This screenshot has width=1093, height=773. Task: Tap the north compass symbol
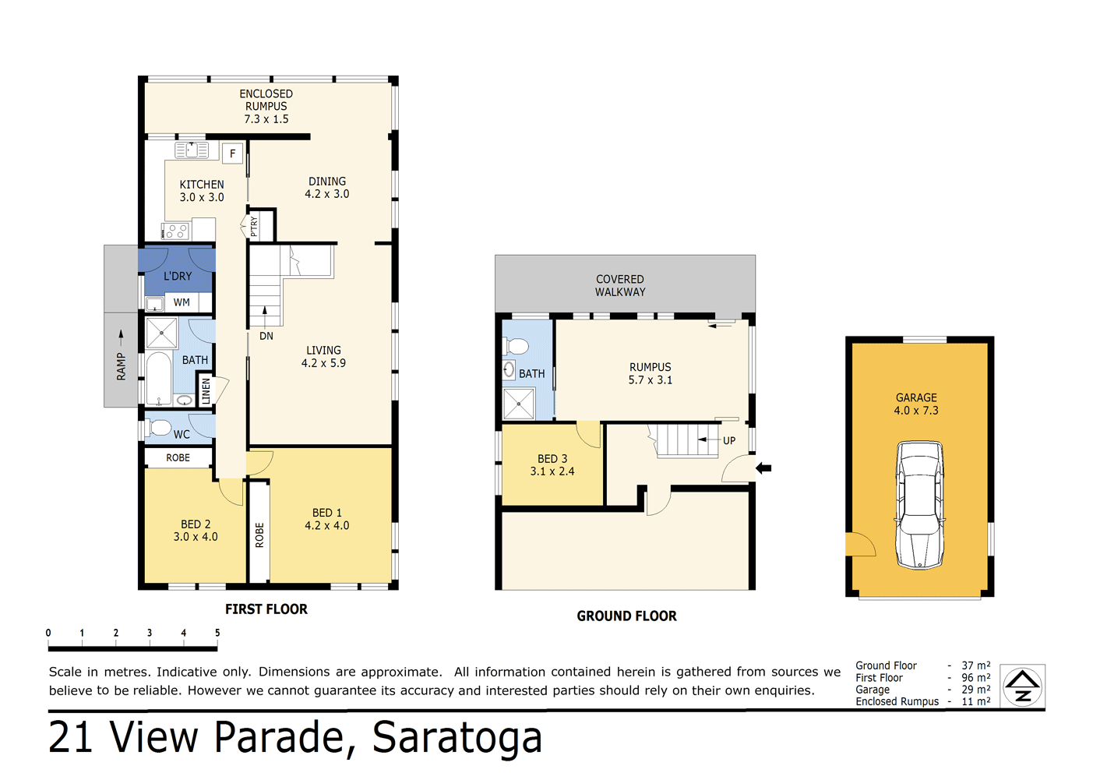coord(1022,687)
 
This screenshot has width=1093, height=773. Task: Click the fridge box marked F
coord(232,154)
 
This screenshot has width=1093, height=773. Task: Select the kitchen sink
coord(192,150)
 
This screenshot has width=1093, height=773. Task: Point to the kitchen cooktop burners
coord(176,231)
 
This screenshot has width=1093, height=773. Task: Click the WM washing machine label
coord(182,302)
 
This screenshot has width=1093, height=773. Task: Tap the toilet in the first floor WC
coord(160,427)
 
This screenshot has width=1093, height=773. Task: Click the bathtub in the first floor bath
coord(159,379)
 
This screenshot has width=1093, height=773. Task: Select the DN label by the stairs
coord(266,336)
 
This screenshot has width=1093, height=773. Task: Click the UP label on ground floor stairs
coord(729,440)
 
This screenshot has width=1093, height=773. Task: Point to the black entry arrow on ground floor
coord(763,468)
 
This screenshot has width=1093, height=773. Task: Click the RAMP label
coord(121,366)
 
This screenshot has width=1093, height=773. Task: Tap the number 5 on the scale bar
coord(217,633)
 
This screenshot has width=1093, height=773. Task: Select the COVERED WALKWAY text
coord(620,285)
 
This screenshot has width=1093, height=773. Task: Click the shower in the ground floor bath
coord(519,404)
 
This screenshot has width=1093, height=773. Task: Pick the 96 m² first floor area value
coord(975,678)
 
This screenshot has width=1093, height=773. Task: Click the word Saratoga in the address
coord(457,737)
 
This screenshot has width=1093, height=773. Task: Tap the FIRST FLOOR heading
coord(266,609)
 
